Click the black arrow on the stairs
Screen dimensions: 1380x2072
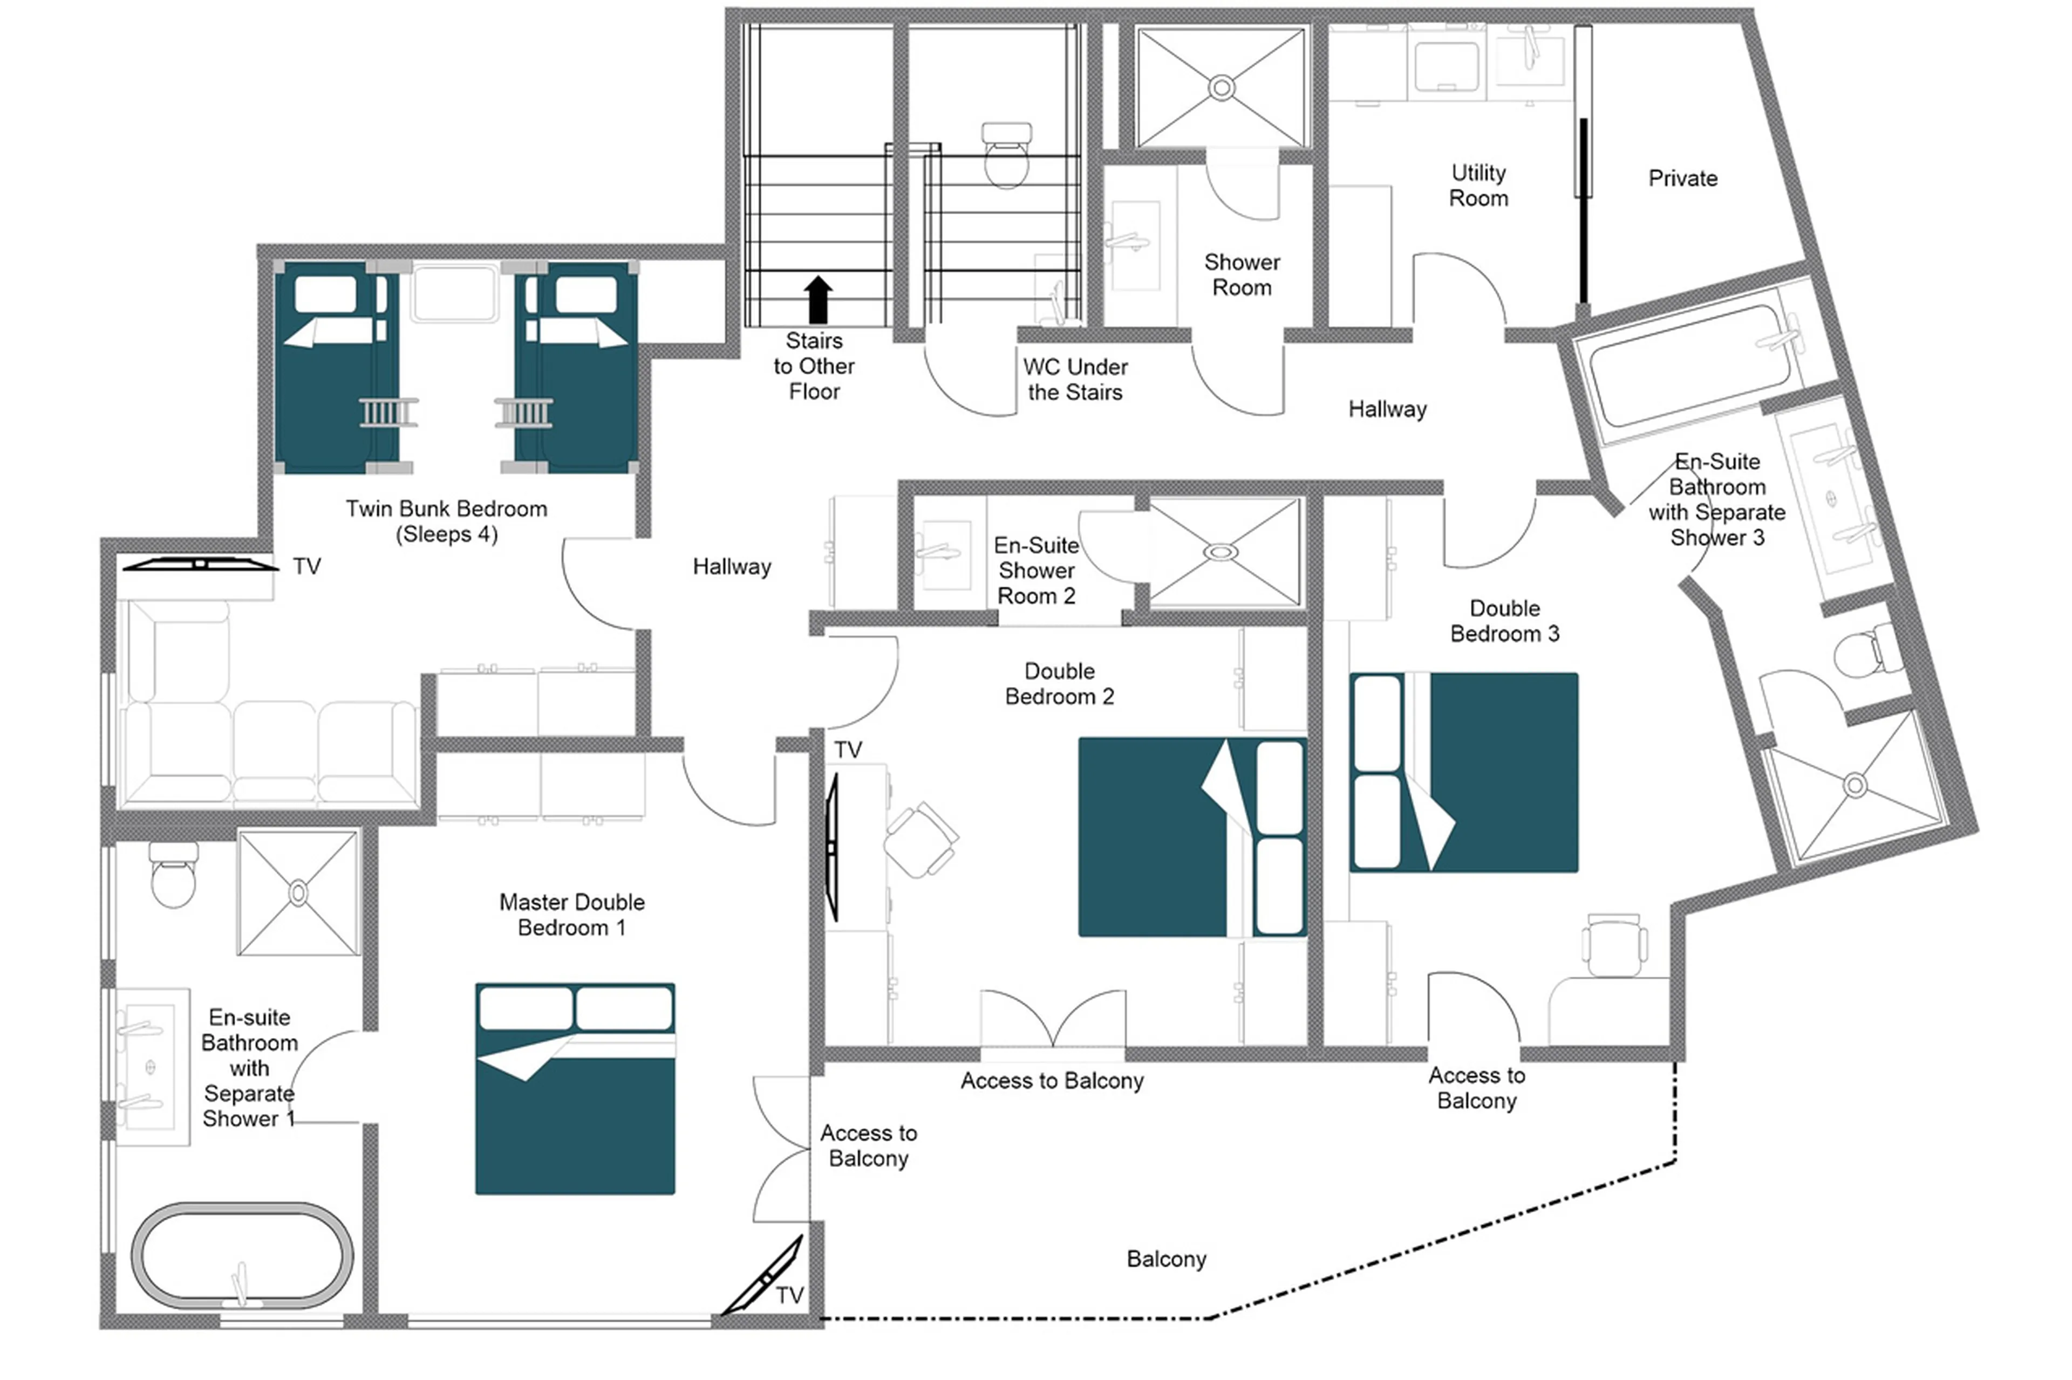click(817, 300)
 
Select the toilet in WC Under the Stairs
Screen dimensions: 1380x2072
click(1006, 156)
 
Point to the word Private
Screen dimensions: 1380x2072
click(1682, 178)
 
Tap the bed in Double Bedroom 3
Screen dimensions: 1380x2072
click(1463, 772)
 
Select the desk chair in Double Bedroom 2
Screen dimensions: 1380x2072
click(920, 839)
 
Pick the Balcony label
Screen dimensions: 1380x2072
click(1166, 1259)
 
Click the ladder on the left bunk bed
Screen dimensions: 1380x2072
click(387, 412)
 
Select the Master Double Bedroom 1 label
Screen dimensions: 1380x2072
click(571, 915)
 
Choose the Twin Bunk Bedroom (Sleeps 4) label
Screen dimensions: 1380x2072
click(446, 521)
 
